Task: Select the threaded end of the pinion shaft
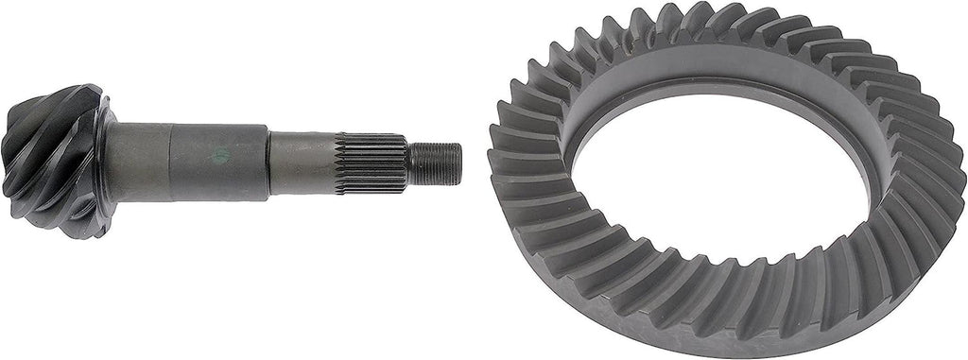435,163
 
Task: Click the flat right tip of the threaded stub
459,163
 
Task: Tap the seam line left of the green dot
171,159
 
